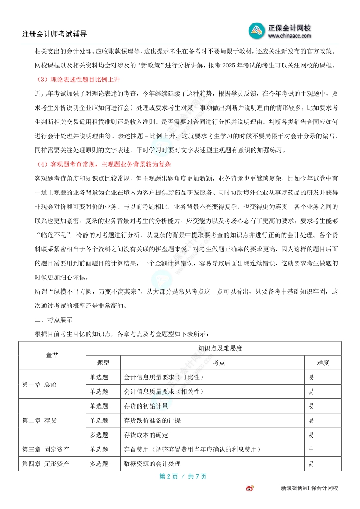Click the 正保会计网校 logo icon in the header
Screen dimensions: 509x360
coord(257,30)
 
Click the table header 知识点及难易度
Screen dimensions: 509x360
coord(213,348)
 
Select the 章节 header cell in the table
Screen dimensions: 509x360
coord(52,355)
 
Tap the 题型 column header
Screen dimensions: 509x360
coord(103,362)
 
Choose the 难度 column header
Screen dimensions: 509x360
coord(323,362)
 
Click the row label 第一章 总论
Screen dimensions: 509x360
coord(39,384)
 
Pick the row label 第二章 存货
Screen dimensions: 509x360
coord(39,420)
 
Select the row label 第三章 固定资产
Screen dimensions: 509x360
coord(46,449)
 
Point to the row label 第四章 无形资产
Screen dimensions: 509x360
coord(46,464)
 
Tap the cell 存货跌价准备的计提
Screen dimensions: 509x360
coord(152,420)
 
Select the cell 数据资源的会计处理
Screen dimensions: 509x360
coord(152,464)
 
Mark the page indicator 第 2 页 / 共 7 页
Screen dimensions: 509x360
coord(183,476)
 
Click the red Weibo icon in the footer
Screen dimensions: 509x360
coord(250,488)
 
